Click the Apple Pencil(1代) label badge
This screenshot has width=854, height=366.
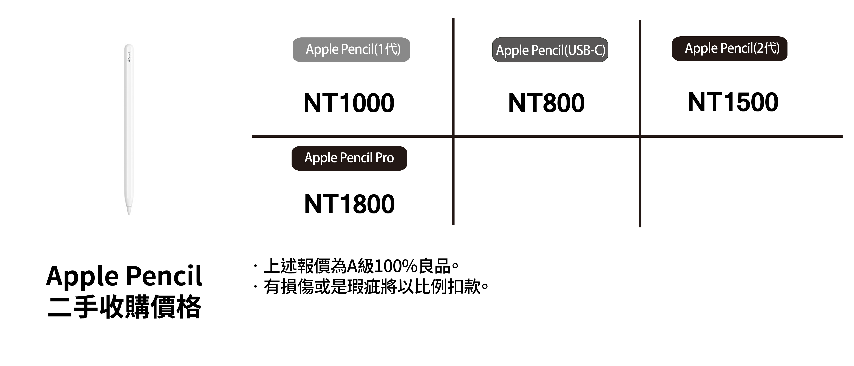click(351, 50)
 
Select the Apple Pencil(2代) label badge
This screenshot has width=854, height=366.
click(729, 49)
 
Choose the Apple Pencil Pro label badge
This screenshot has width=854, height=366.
click(349, 158)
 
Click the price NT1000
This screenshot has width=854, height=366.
click(349, 103)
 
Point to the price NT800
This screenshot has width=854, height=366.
click(546, 103)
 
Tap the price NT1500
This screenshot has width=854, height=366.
click(733, 102)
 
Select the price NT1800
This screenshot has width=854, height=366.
click(349, 204)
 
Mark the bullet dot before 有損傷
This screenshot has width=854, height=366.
click(255, 286)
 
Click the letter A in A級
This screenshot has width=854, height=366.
click(351, 266)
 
